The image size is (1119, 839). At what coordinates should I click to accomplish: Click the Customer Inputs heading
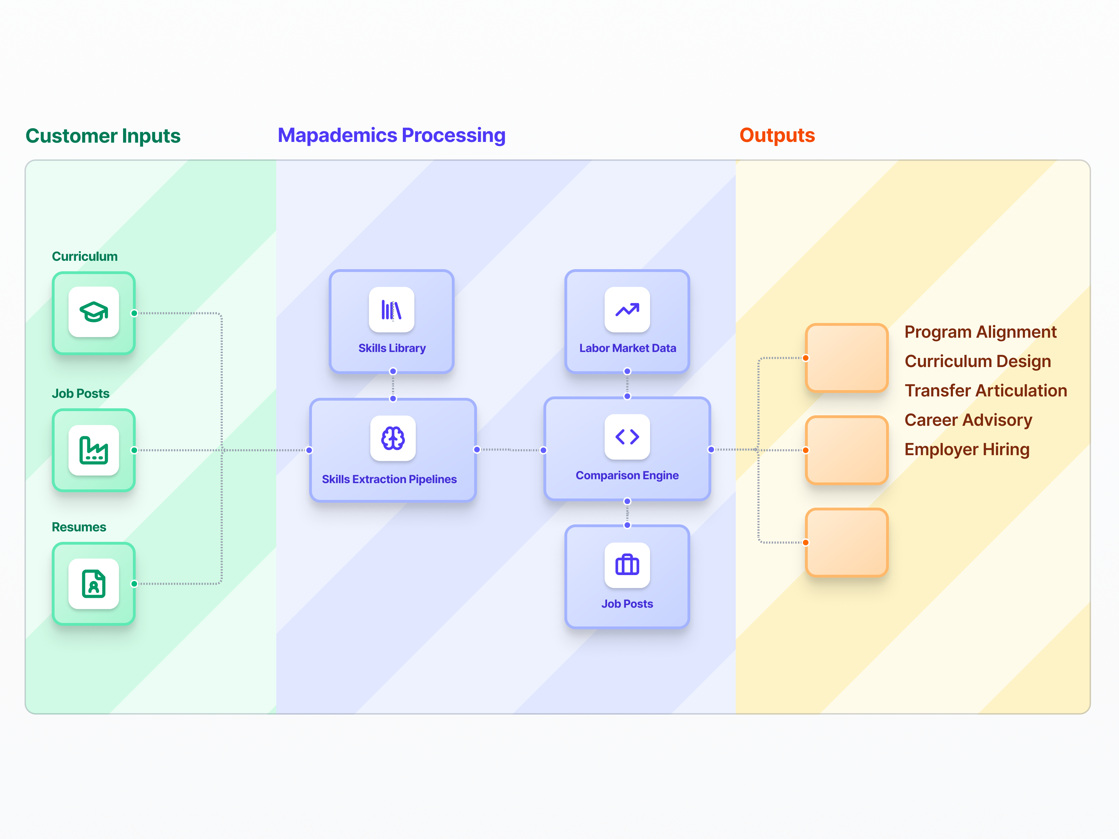pyautogui.click(x=103, y=136)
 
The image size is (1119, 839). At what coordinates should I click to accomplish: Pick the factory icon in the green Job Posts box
pyautogui.click(x=94, y=450)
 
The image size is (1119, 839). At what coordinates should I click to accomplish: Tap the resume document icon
pyautogui.click(x=94, y=583)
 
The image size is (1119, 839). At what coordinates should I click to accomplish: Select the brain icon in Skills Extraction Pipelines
pyautogui.click(x=393, y=438)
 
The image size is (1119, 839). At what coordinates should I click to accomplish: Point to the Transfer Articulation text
pyautogui.click(x=985, y=390)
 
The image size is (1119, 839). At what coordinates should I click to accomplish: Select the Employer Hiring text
pyautogui.click(x=967, y=449)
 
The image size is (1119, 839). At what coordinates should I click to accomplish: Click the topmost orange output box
pyautogui.click(x=846, y=358)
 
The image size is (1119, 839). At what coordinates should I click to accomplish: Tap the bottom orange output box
pyautogui.click(x=846, y=542)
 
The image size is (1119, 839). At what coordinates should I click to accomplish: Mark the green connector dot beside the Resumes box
pyautogui.click(x=134, y=583)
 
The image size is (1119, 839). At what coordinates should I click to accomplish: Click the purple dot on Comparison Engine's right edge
pyautogui.click(x=711, y=450)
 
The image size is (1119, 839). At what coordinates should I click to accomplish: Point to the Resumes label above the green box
pyautogui.click(x=79, y=527)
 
